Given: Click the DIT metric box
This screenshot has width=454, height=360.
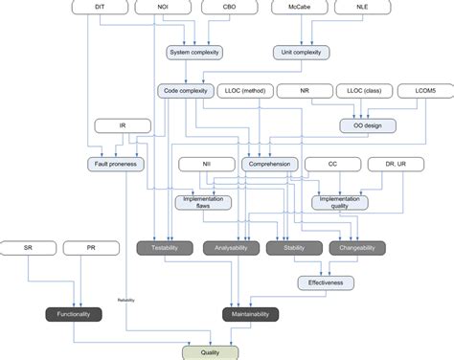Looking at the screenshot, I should point(102,8).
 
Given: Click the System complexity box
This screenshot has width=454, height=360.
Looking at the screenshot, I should point(194,53).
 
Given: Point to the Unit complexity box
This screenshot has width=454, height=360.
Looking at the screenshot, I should point(305,53).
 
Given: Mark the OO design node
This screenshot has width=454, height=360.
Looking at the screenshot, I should point(369,124).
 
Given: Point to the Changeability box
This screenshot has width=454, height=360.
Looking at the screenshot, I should point(356,248).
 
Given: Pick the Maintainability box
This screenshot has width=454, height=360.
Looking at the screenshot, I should point(251,314).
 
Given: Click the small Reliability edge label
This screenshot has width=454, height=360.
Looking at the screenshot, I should point(126,300).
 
